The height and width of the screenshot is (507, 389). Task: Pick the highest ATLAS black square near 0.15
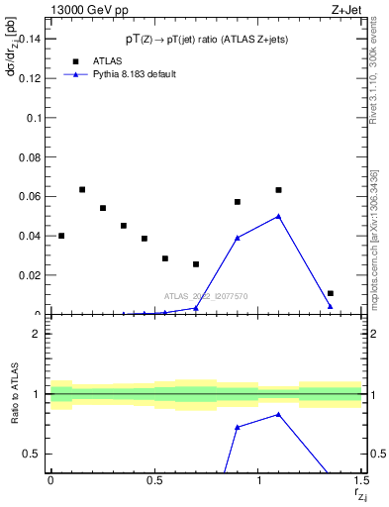pyautogui.click(x=82, y=189)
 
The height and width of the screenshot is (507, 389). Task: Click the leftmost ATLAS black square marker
pyautogui.click(x=61, y=236)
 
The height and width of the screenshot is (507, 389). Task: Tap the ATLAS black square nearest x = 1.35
pyautogui.click(x=331, y=293)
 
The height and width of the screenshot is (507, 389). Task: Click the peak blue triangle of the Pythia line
pyautogui.click(x=279, y=216)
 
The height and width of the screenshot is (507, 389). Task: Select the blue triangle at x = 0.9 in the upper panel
pyautogui.click(x=238, y=238)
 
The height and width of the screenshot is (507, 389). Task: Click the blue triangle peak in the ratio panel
pyautogui.click(x=279, y=414)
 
